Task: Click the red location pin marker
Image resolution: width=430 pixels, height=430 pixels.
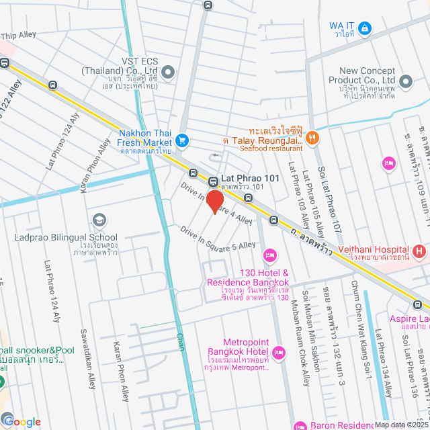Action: coord(214,202)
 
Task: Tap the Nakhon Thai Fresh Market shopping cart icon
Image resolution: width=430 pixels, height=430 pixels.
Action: coord(181,140)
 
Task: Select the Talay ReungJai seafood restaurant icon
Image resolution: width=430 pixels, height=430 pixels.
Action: coord(314,138)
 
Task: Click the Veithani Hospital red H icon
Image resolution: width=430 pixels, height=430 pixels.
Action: coord(420,252)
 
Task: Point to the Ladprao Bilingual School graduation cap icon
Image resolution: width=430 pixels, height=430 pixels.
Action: coord(99,220)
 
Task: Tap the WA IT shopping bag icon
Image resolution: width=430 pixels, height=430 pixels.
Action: coord(364,28)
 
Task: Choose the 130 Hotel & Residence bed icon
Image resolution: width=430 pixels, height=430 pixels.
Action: coord(270,254)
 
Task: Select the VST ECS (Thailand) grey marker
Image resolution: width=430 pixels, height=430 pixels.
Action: coord(168,72)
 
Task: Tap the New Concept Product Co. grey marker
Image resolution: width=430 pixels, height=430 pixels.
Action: coord(405,82)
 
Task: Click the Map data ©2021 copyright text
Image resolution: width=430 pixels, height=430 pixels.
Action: coord(401,425)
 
